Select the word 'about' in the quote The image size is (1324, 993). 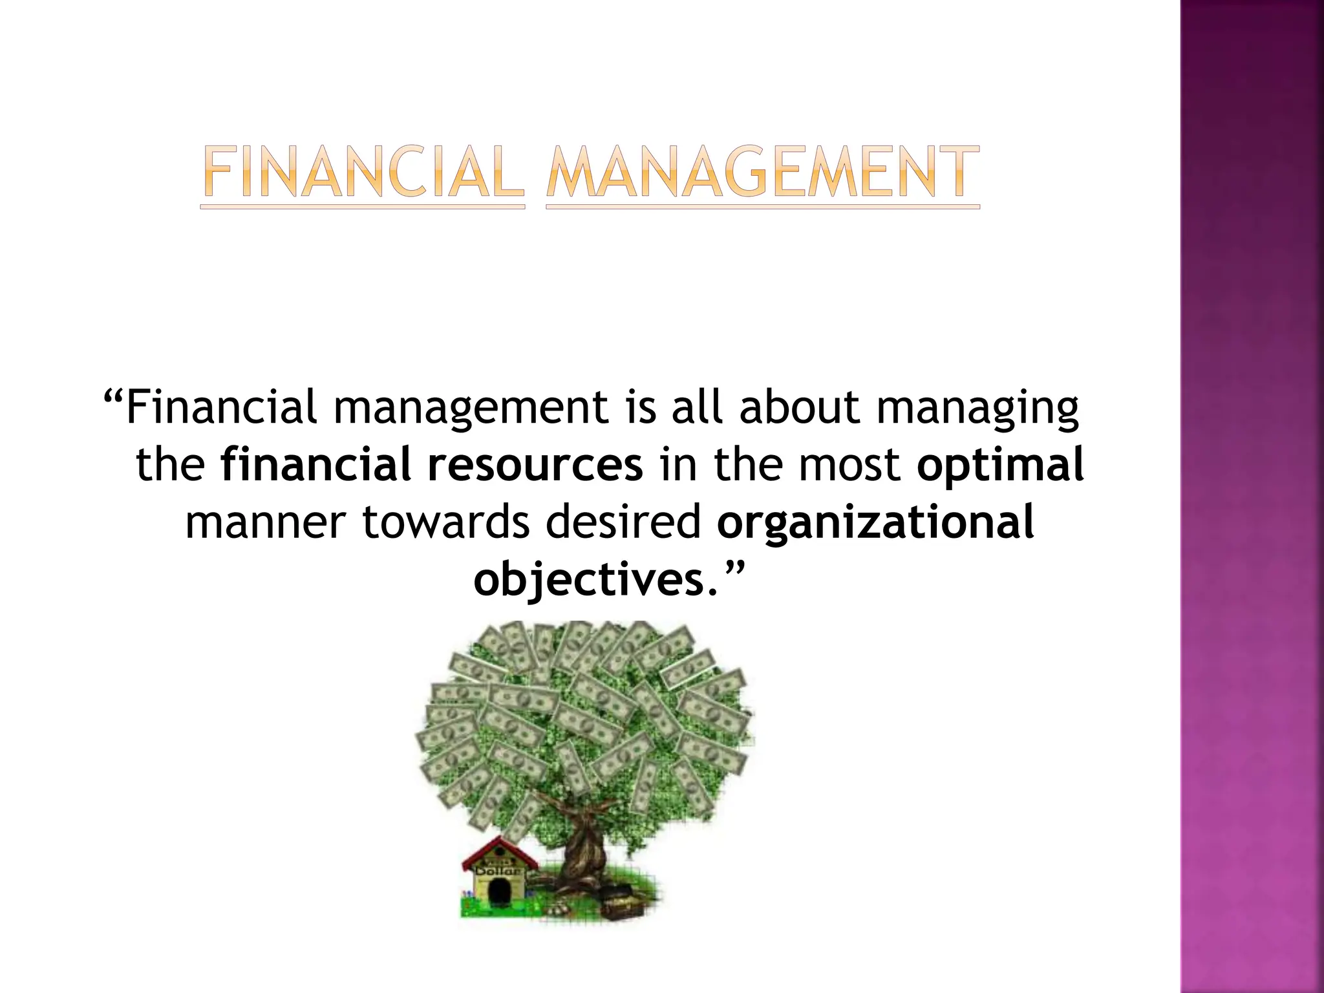[799, 407]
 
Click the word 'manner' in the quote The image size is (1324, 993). [266, 522]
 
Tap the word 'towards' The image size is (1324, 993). [445, 521]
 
